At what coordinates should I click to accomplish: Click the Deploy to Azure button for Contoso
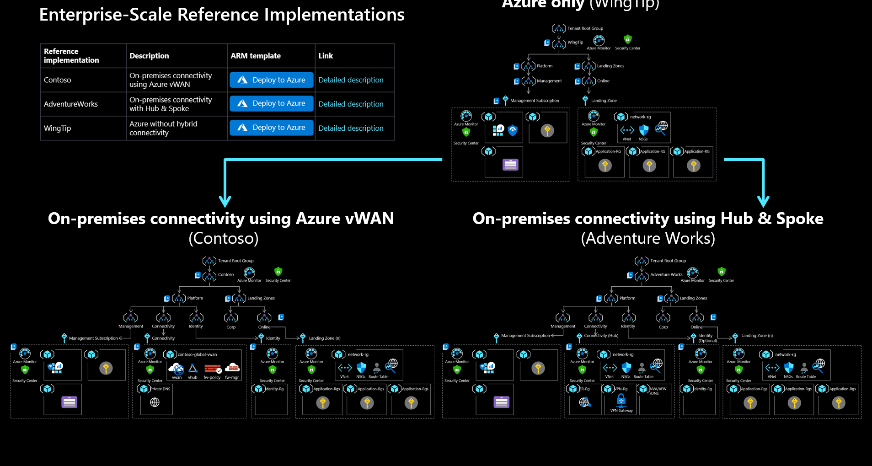pos(271,80)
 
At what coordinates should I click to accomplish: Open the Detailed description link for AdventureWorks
pos(351,104)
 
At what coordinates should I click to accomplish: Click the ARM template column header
pos(256,56)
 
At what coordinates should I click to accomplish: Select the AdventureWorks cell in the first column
pos(71,104)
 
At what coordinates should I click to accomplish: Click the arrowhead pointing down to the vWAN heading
pos(225,201)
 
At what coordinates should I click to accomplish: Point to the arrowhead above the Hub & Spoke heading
pos(763,201)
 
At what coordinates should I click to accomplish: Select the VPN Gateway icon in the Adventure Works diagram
pos(621,401)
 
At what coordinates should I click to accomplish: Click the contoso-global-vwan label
pos(197,354)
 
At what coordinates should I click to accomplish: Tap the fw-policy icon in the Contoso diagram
pos(212,369)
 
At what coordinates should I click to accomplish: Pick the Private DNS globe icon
pos(155,402)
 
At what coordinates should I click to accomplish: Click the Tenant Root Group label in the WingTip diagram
pos(585,28)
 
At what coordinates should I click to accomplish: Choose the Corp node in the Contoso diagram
pos(231,318)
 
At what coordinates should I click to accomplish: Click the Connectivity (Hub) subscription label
pos(601,336)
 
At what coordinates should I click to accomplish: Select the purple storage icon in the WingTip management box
pos(510,165)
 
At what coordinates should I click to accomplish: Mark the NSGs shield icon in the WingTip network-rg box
pos(644,130)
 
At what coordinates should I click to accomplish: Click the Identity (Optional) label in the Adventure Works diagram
pos(707,338)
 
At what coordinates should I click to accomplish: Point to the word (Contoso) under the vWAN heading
pos(224,238)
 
